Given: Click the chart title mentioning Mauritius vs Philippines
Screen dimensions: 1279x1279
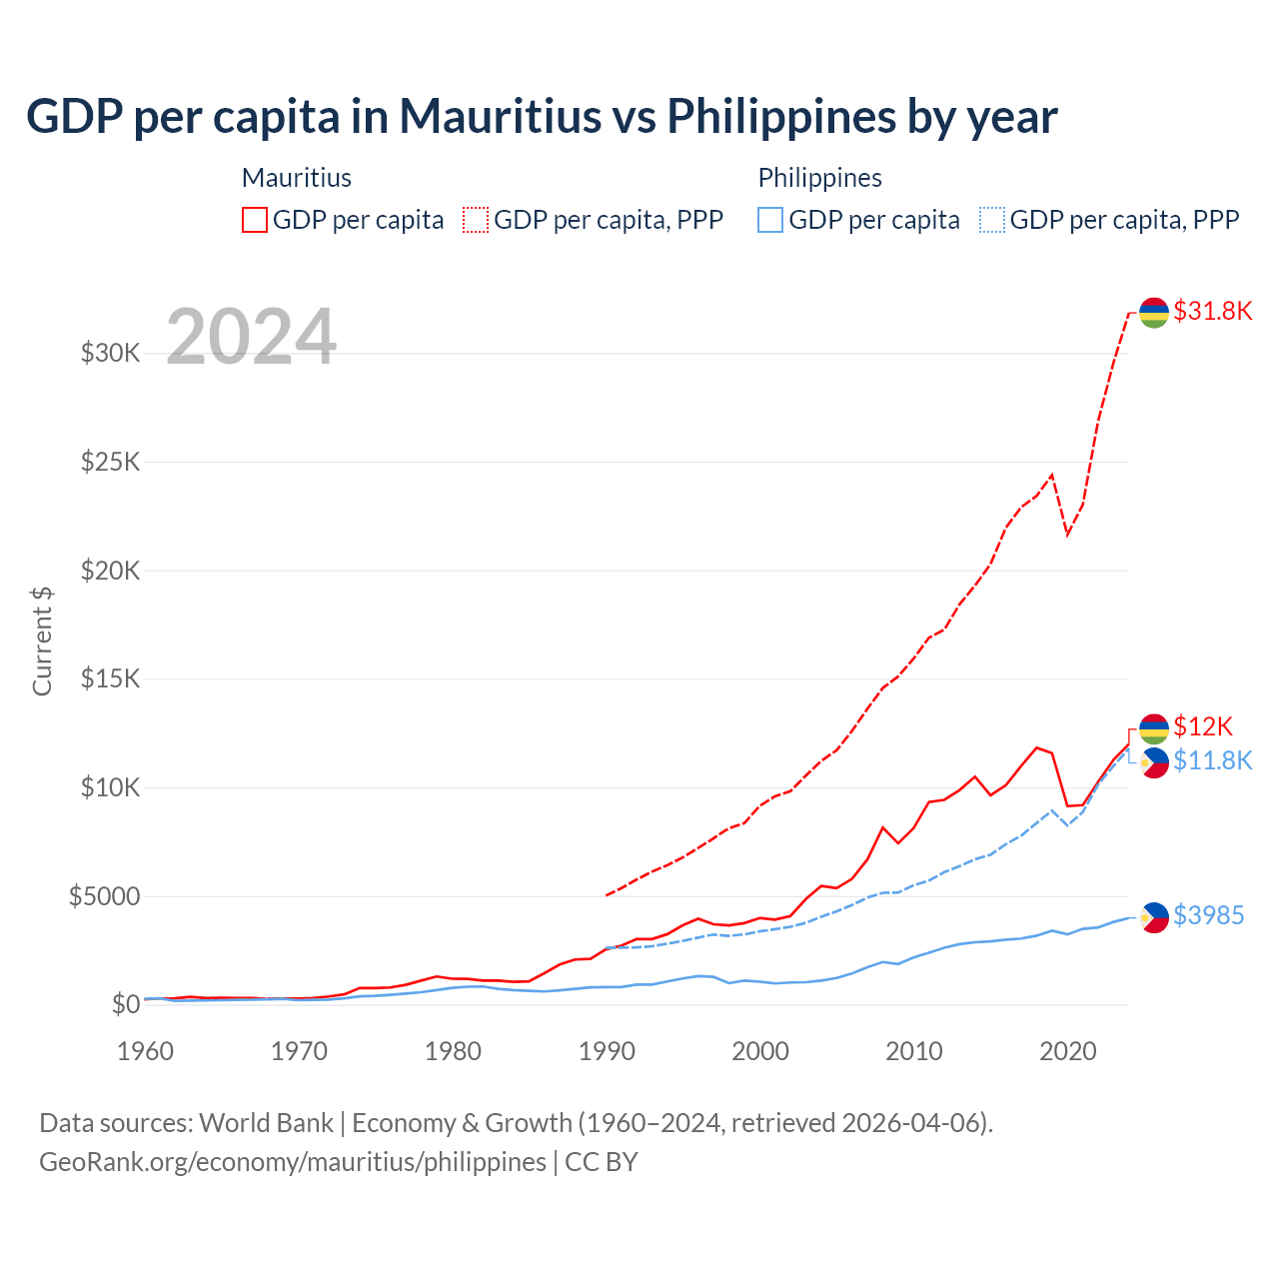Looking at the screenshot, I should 542,117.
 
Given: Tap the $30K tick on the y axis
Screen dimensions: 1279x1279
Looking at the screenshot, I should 110,353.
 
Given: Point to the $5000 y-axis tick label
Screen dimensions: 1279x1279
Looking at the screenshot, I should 104,896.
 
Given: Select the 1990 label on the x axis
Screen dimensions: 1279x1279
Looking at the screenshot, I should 607,1051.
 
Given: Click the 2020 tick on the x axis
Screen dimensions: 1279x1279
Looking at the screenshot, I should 1068,1051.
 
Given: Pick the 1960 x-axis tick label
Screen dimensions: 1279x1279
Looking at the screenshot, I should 146,1051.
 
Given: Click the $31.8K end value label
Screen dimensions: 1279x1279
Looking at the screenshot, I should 1212,311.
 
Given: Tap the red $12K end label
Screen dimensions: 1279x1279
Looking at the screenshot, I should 1203,726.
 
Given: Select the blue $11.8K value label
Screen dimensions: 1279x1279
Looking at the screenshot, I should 1212,760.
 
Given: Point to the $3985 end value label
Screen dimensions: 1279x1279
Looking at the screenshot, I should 1208,915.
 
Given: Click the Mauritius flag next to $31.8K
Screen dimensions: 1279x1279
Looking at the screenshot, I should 1154,313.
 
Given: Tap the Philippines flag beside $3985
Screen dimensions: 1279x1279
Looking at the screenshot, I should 1154,917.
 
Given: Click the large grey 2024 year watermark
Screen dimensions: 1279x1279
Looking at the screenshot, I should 251,337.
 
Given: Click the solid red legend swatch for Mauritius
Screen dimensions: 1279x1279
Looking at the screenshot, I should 255,220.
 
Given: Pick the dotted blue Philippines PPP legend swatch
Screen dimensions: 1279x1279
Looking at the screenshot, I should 992,220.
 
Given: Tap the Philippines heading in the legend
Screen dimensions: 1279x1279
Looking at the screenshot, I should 819,178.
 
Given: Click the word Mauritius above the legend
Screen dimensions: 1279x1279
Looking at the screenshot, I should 297,178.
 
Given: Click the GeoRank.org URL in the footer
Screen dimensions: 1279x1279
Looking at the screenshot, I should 293,1162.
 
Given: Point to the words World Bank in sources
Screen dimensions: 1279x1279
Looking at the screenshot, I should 266,1123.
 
